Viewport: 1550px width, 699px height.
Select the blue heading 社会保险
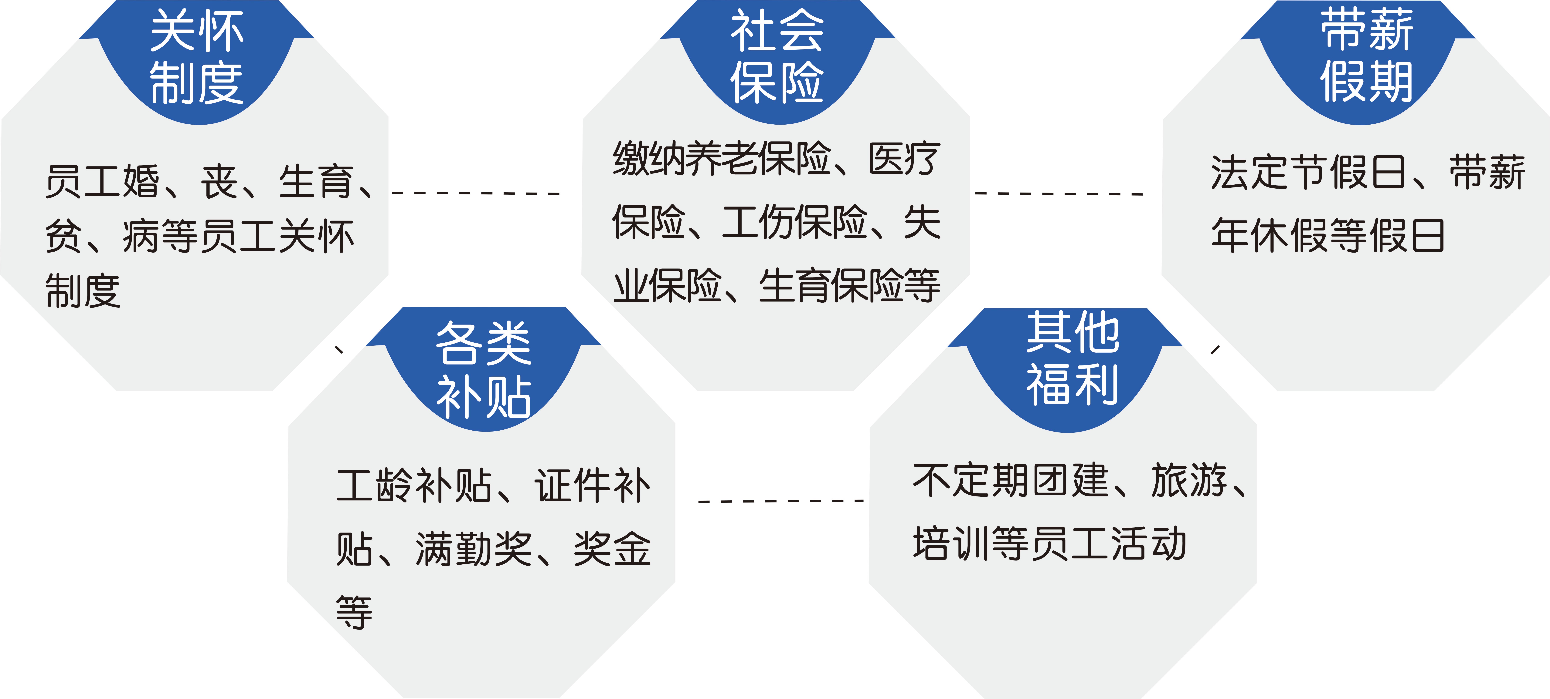(x=777, y=57)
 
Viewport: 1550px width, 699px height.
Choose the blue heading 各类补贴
(x=483, y=369)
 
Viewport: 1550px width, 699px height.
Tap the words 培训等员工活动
(x=1049, y=543)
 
